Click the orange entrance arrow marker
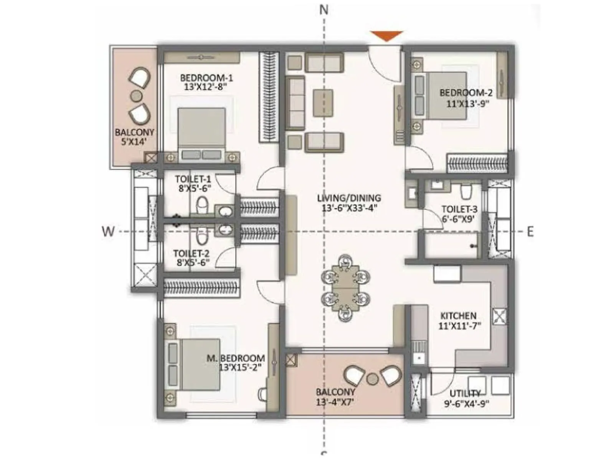(386, 36)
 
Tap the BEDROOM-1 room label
(206, 78)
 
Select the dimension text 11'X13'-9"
(467, 103)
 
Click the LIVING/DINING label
(349, 198)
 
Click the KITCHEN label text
(458, 316)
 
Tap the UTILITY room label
(465, 394)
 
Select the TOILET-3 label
(459, 209)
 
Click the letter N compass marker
(324, 10)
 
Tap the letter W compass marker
(108, 231)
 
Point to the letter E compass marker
(530, 232)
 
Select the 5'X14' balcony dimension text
(134, 142)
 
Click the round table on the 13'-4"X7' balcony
(372, 379)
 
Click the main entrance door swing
(384, 63)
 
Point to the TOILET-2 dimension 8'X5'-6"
(193, 263)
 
